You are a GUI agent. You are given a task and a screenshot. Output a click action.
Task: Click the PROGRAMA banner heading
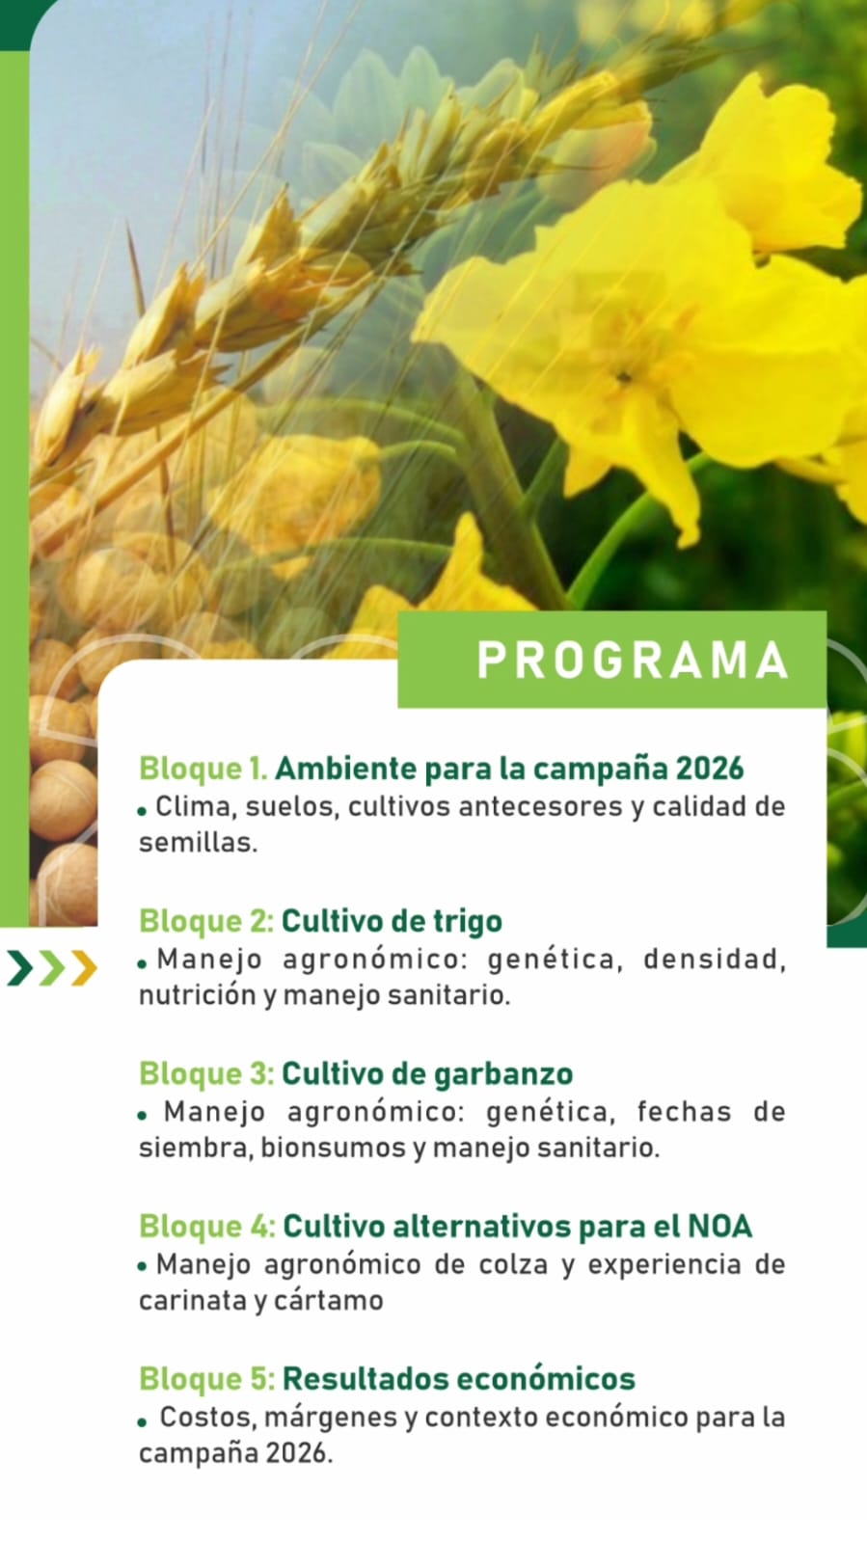click(633, 660)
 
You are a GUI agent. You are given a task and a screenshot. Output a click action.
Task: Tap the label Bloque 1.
click(203, 769)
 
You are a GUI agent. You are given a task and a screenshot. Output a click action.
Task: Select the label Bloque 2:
click(206, 921)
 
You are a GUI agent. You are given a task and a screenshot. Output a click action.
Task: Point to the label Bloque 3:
click(206, 1074)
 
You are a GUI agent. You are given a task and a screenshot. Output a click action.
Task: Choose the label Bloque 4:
click(207, 1227)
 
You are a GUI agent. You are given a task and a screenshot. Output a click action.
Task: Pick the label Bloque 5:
click(206, 1379)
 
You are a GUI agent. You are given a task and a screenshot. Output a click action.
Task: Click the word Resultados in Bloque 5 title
click(366, 1379)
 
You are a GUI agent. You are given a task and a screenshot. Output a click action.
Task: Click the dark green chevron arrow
click(20, 968)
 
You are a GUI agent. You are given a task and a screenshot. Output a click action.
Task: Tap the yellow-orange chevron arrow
click(84, 968)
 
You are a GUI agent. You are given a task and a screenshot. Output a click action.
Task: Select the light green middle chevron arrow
click(52, 968)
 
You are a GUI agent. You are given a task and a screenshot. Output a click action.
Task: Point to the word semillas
click(198, 843)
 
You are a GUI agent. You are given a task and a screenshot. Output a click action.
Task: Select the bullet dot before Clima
click(142, 812)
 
